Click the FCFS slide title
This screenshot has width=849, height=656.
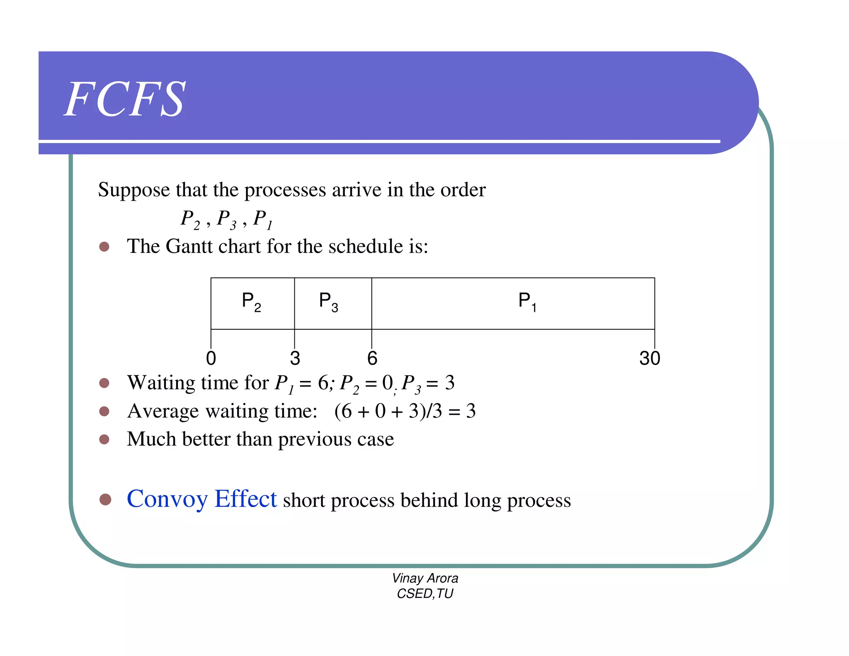pyautogui.click(x=125, y=100)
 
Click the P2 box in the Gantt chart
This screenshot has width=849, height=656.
pyautogui.click(x=252, y=303)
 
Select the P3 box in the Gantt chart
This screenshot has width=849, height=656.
pyautogui.click(x=332, y=303)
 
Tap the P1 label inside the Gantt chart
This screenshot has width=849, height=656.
pyautogui.click(x=527, y=301)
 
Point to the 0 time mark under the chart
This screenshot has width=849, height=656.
pyautogui.click(x=211, y=358)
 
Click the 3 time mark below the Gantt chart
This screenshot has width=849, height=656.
pyautogui.click(x=295, y=358)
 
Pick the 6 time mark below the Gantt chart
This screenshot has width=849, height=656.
pyautogui.click(x=372, y=358)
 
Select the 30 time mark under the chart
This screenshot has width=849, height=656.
pyautogui.click(x=649, y=358)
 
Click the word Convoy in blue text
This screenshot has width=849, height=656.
pyautogui.click(x=167, y=499)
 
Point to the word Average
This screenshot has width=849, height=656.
pyautogui.click(x=163, y=411)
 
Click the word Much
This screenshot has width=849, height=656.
pyautogui.click(x=151, y=439)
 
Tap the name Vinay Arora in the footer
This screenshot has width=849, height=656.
pyautogui.click(x=425, y=578)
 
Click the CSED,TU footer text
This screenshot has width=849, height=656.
pyautogui.click(x=425, y=594)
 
